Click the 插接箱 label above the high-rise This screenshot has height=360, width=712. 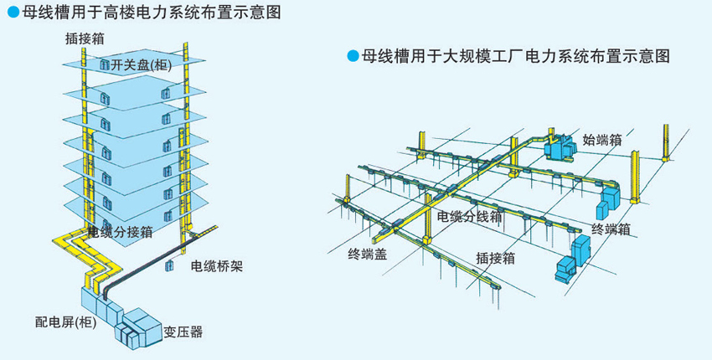point(85,39)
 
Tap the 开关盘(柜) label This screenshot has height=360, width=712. point(141,65)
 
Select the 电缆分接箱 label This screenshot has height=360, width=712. point(121,232)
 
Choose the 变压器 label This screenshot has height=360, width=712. point(183,332)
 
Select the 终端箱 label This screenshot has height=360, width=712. point(611,229)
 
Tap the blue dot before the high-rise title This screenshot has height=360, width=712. point(13,13)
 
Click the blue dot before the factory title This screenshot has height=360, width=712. point(352,57)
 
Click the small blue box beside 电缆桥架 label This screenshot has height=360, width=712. point(169,265)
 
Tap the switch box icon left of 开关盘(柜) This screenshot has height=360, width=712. point(105,64)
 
